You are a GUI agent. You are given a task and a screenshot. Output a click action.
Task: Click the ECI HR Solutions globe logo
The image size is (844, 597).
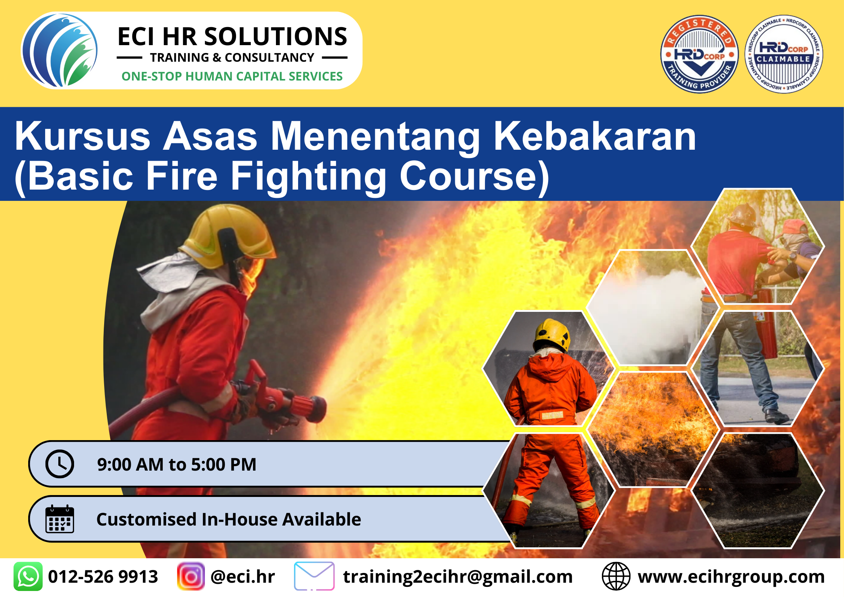(x=60, y=50)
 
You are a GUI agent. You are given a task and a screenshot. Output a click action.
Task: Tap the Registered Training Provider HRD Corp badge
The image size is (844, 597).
(x=699, y=54)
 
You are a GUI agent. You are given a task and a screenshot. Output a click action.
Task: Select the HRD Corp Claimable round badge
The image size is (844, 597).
(x=783, y=54)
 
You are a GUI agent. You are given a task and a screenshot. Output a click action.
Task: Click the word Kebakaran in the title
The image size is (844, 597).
(x=595, y=136)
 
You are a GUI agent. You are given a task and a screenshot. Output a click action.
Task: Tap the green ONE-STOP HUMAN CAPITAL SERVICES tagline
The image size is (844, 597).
(x=232, y=76)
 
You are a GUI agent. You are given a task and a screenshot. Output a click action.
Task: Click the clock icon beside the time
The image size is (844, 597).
(x=60, y=464)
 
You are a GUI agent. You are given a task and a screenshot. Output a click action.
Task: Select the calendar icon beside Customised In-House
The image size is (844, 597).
(x=60, y=519)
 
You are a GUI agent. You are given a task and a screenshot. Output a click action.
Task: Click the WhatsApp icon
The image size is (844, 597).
(x=28, y=576)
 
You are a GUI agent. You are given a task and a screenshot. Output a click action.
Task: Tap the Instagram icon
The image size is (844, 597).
(x=191, y=576)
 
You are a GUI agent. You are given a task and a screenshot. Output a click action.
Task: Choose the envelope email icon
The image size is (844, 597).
(x=314, y=576)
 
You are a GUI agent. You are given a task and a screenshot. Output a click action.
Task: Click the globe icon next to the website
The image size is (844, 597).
(x=616, y=576)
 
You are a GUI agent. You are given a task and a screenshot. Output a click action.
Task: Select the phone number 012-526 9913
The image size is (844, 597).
(x=103, y=577)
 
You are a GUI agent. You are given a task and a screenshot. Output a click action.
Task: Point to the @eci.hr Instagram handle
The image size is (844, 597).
(x=243, y=577)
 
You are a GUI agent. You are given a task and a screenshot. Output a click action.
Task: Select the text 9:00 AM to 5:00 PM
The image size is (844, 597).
(x=177, y=464)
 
